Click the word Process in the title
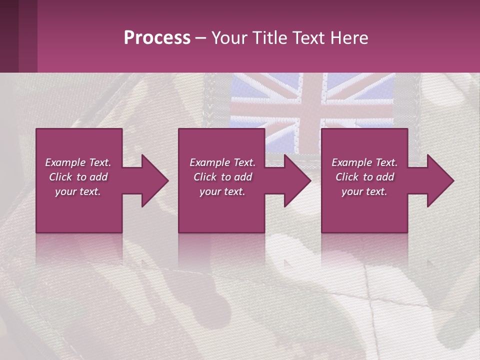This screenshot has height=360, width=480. (x=157, y=38)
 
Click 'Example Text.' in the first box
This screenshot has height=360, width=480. (x=78, y=162)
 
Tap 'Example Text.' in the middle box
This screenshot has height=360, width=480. (x=222, y=162)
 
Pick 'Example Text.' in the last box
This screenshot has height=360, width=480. (x=364, y=162)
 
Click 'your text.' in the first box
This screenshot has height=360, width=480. (x=78, y=191)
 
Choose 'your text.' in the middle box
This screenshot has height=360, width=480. (x=222, y=191)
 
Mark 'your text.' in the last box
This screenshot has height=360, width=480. (x=364, y=191)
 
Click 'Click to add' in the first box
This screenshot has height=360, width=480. (x=78, y=177)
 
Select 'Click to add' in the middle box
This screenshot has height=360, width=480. (x=222, y=177)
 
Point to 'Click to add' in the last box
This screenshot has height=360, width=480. (x=364, y=177)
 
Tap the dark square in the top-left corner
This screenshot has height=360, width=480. (x=10, y=35)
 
